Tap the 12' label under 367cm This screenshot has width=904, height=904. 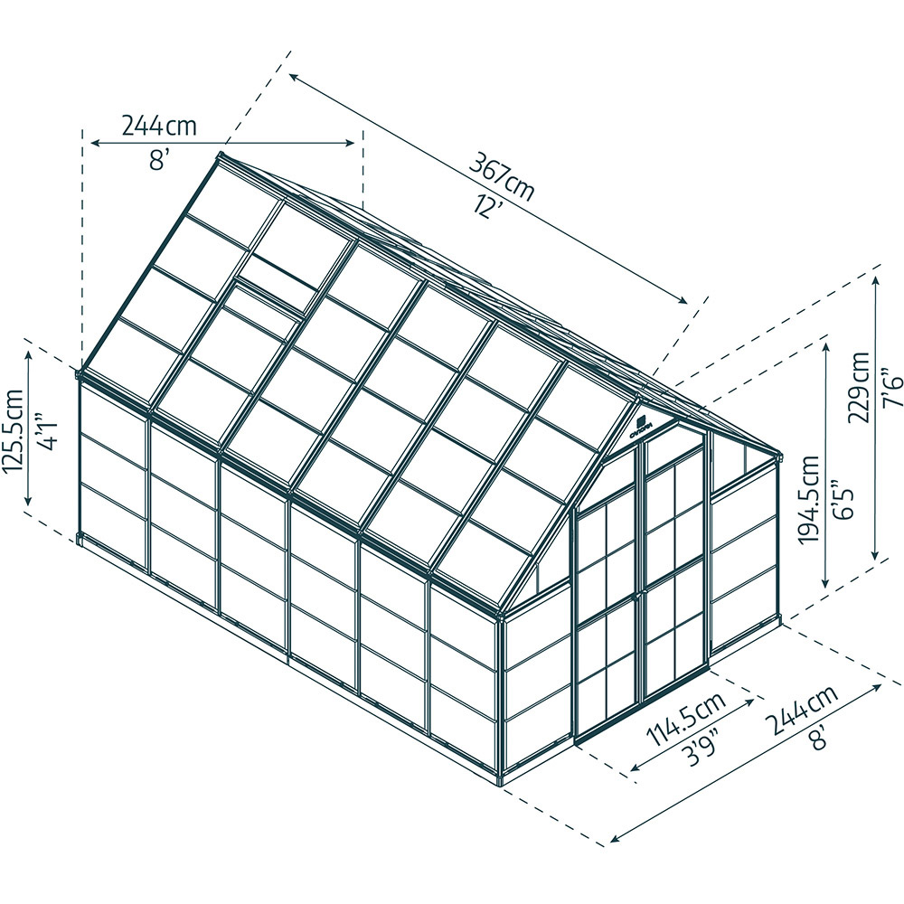489,206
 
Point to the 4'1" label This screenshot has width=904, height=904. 49,430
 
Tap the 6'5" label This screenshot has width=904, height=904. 843,498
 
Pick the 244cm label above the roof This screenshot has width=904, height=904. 159,125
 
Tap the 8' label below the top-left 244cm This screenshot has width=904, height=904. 159,159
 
